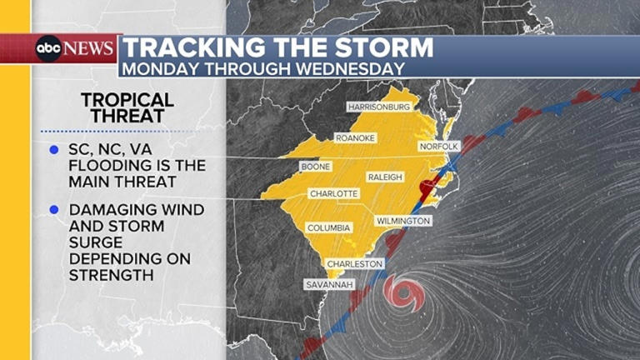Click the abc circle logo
[48, 48]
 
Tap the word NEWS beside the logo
[89, 48]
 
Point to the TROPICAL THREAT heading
[127, 108]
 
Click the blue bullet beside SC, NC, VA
[53, 150]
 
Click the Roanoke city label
[356, 137]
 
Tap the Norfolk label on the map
[438, 147]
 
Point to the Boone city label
[315, 167]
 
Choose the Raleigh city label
[385, 177]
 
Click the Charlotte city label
[333, 193]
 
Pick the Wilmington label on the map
[403, 221]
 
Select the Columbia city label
[329, 227]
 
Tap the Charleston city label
[355, 264]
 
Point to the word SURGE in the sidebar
[93, 241]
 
